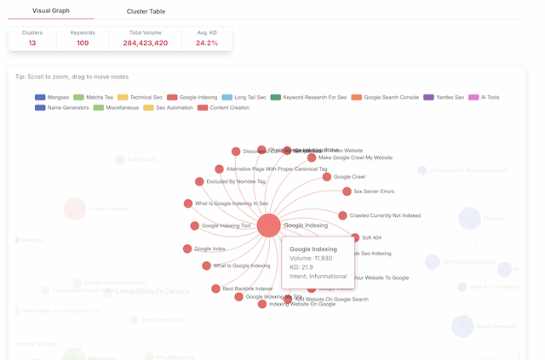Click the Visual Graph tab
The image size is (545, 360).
pyautogui.click(x=51, y=11)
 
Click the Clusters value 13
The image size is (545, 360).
pyautogui.click(x=32, y=42)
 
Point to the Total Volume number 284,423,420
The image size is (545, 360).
pyautogui.click(x=145, y=42)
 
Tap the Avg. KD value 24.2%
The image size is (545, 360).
pyautogui.click(x=207, y=42)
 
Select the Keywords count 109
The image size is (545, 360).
pyautogui.click(x=83, y=42)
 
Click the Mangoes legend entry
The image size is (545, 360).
pyautogui.click(x=53, y=97)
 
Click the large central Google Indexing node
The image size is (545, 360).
pyautogui.click(x=268, y=226)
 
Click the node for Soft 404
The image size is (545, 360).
pyautogui.click(x=355, y=238)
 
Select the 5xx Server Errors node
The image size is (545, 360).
pyautogui.click(x=347, y=191)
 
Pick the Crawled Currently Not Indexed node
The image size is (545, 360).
pyautogui.click(x=342, y=215)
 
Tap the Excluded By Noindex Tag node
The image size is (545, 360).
pyautogui.click(x=199, y=181)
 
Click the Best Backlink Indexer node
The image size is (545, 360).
pyautogui.click(x=215, y=289)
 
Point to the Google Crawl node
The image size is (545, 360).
pyautogui.click(x=326, y=177)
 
